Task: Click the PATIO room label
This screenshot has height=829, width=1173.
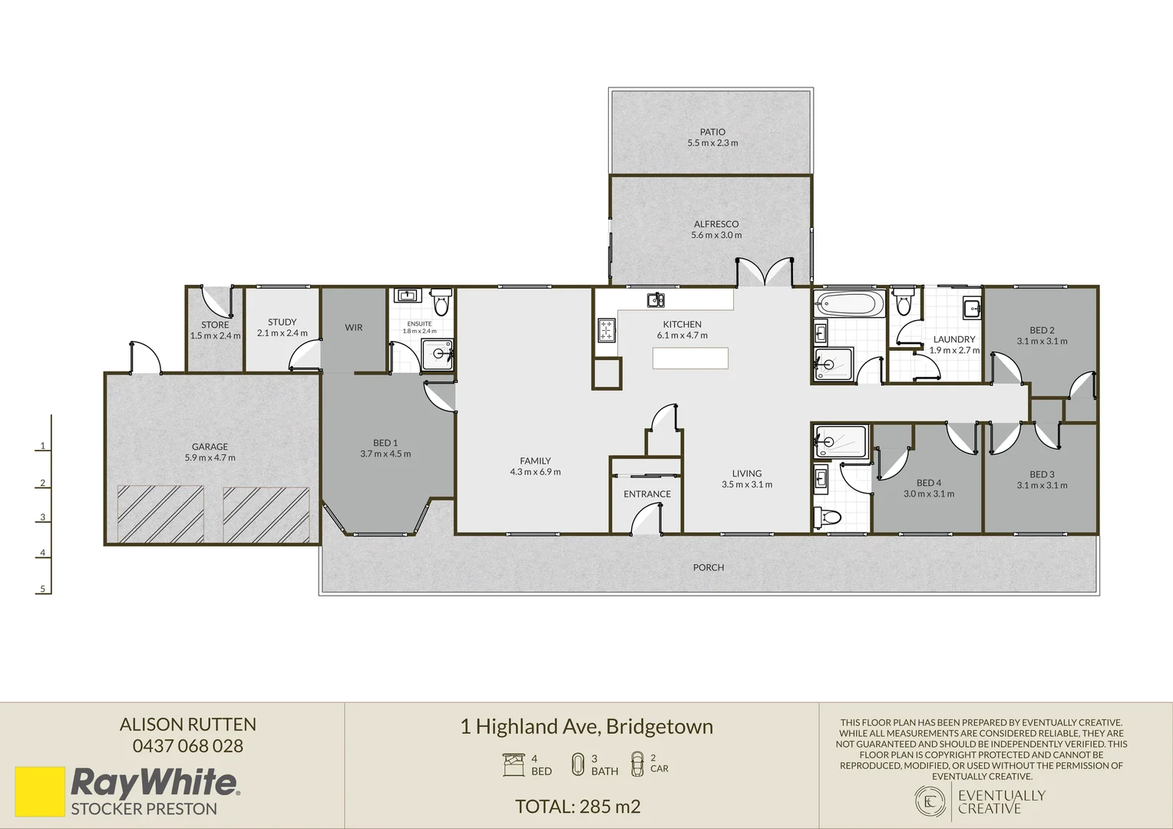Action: coord(712,132)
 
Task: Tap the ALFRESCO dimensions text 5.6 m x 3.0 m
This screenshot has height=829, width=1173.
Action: coord(716,235)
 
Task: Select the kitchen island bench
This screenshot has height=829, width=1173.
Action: coord(690,358)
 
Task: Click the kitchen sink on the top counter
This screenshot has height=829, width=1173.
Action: coord(656,299)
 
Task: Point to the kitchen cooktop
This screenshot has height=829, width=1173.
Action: coord(606,330)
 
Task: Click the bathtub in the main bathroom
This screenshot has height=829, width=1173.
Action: coord(850,304)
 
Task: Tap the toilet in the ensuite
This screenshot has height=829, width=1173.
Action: coord(441,304)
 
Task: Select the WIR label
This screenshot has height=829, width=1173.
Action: coord(353,328)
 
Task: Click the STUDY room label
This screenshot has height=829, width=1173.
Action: coord(282,322)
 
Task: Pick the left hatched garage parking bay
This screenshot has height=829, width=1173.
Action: coord(160,514)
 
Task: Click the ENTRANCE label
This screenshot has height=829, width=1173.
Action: coord(647,494)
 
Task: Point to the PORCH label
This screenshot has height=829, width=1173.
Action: coord(708,568)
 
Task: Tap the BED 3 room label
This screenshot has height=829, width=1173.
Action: coord(1042,474)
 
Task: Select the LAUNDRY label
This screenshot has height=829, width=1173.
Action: coord(954,339)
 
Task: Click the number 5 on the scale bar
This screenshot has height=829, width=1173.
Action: coord(43,590)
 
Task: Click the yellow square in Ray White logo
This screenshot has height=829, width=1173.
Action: coord(40,791)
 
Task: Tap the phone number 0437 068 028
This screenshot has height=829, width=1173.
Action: coord(188,746)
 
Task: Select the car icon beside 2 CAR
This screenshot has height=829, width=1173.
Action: coord(637,764)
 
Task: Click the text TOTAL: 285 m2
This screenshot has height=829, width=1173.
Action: coord(577,807)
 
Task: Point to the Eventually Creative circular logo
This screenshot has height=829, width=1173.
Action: coord(930,801)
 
